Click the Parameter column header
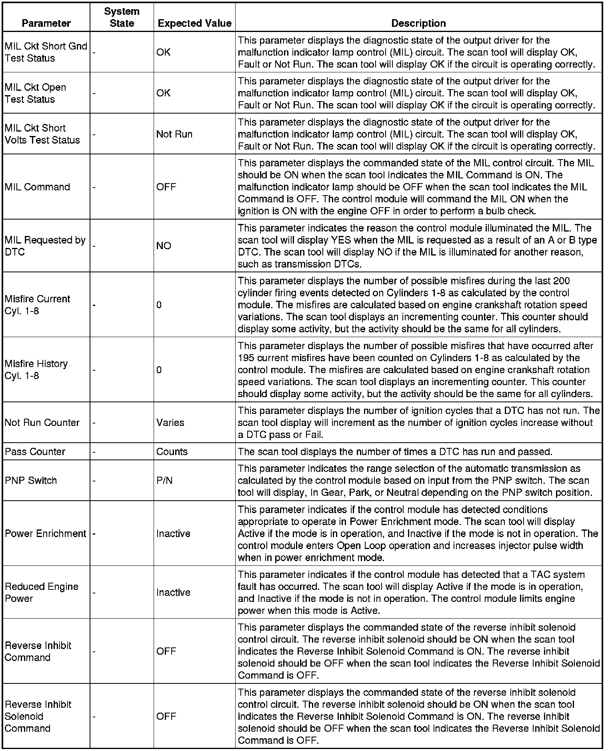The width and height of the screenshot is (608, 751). pos(46,23)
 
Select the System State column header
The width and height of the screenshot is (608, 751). pos(122,17)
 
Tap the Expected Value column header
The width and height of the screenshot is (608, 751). pos(194,23)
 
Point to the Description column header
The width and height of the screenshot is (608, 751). pos(418,23)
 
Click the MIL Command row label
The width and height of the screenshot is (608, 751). pos(37,187)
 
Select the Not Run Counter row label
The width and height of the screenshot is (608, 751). pos(42,422)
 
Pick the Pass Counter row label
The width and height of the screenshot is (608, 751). pos(35,451)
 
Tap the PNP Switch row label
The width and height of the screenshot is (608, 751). pos(31,480)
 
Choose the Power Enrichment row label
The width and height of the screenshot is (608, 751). pos(45,533)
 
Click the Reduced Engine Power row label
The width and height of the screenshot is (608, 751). pos(41,592)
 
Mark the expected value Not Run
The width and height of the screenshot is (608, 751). pos(174,134)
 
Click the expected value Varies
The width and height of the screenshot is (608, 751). pos(170,422)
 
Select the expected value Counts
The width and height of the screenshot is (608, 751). pos(172,451)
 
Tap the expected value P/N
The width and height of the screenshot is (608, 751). pos(164,480)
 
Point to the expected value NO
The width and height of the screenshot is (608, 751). pos(164,246)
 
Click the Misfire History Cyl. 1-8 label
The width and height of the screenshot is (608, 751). pos(36,370)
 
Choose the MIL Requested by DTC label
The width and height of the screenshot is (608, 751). pos(45,246)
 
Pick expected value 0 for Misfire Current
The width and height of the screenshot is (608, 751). pos(159,305)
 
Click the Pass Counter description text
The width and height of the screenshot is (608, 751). pos(395,451)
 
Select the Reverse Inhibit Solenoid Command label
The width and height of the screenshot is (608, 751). pos(38,716)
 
